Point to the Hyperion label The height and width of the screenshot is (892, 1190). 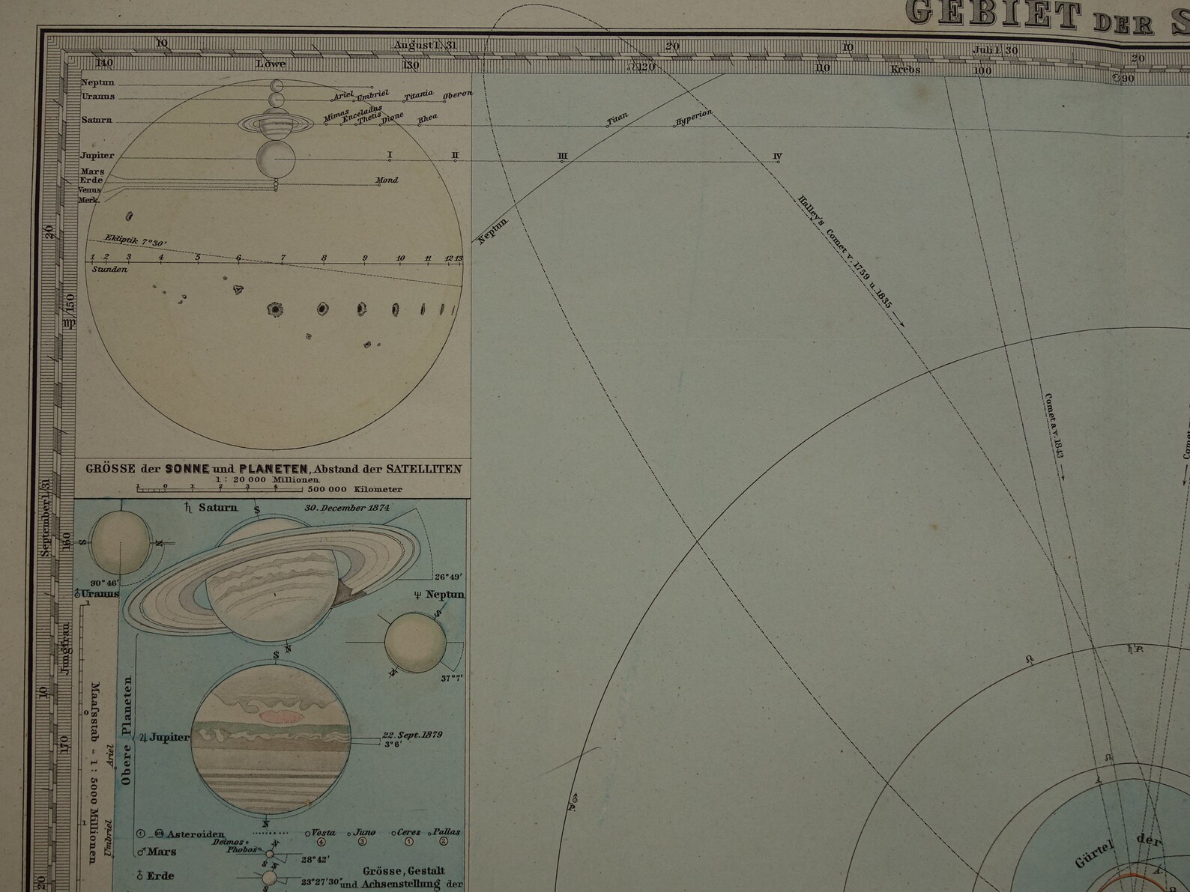click(692, 117)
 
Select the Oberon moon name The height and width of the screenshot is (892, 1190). click(457, 95)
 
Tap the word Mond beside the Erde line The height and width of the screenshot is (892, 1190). click(387, 180)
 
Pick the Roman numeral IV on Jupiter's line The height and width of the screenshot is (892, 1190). click(777, 157)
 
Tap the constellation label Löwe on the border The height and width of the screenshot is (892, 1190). click(271, 64)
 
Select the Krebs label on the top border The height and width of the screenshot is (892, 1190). click(905, 70)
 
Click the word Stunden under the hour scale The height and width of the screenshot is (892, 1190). click(109, 269)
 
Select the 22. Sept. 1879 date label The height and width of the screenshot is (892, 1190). click(411, 734)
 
